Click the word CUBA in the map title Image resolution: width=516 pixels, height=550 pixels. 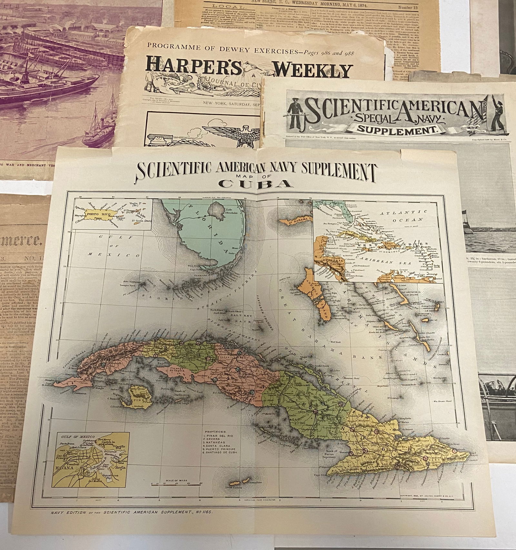(x=256, y=183)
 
